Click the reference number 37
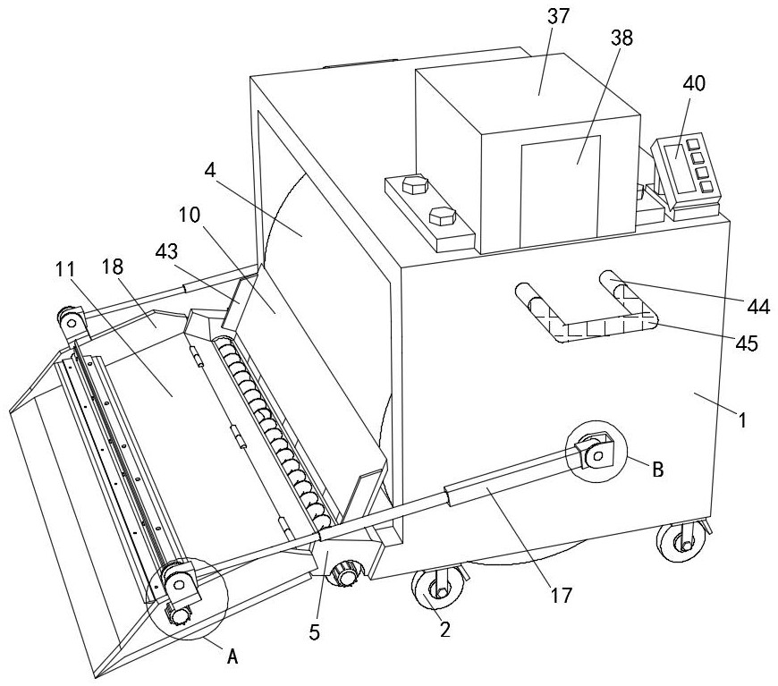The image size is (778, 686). tap(558, 16)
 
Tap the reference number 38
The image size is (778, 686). tap(622, 38)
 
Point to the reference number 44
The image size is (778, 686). tap(758, 306)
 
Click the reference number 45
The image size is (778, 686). tap(748, 343)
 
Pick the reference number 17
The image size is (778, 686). tap(562, 595)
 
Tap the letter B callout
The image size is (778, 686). tap(657, 469)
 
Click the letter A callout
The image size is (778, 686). tap(233, 656)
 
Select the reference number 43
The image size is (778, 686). tap(166, 251)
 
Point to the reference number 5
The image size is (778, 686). tap(315, 632)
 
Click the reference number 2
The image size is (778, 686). tap(445, 630)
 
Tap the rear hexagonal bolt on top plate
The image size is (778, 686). tap(415, 184)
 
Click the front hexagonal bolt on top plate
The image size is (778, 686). tap(442, 216)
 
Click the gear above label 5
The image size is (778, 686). tap(346, 574)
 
